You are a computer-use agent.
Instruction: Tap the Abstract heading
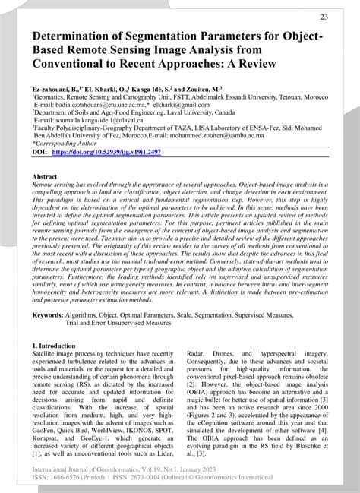(x=45, y=175)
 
